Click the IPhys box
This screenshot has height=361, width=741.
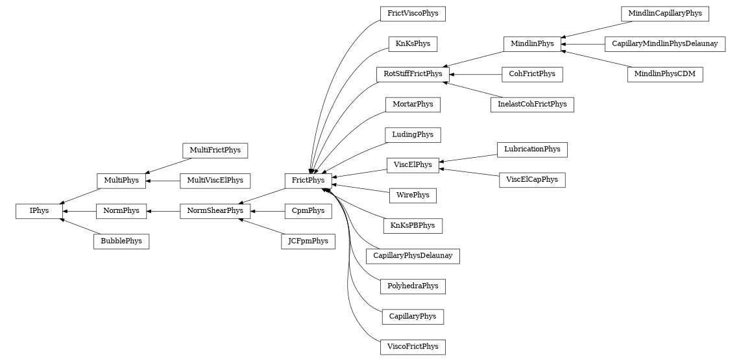click(39, 211)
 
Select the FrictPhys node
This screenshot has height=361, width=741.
click(308, 180)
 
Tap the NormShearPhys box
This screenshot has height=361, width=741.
click(215, 211)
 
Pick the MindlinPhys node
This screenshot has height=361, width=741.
click(532, 44)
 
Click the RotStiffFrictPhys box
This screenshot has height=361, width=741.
click(413, 74)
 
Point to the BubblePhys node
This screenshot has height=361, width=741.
click(121, 242)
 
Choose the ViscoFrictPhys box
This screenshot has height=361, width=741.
click(413, 347)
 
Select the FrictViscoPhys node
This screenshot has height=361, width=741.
click(413, 14)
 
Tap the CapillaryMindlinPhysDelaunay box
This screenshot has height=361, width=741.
click(664, 44)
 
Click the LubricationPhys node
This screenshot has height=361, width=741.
click(532, 149)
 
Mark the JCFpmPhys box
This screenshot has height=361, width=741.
click(308, 242)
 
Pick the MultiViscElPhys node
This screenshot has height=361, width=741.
click(215, 180)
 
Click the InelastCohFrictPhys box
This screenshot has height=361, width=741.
click(532, 105)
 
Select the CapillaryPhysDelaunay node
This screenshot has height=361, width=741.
click(413, 256)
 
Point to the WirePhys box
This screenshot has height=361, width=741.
click(413, 195)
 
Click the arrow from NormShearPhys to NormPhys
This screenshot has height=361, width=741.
click(163, 211)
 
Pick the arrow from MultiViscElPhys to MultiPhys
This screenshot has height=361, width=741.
click(163, 180)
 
